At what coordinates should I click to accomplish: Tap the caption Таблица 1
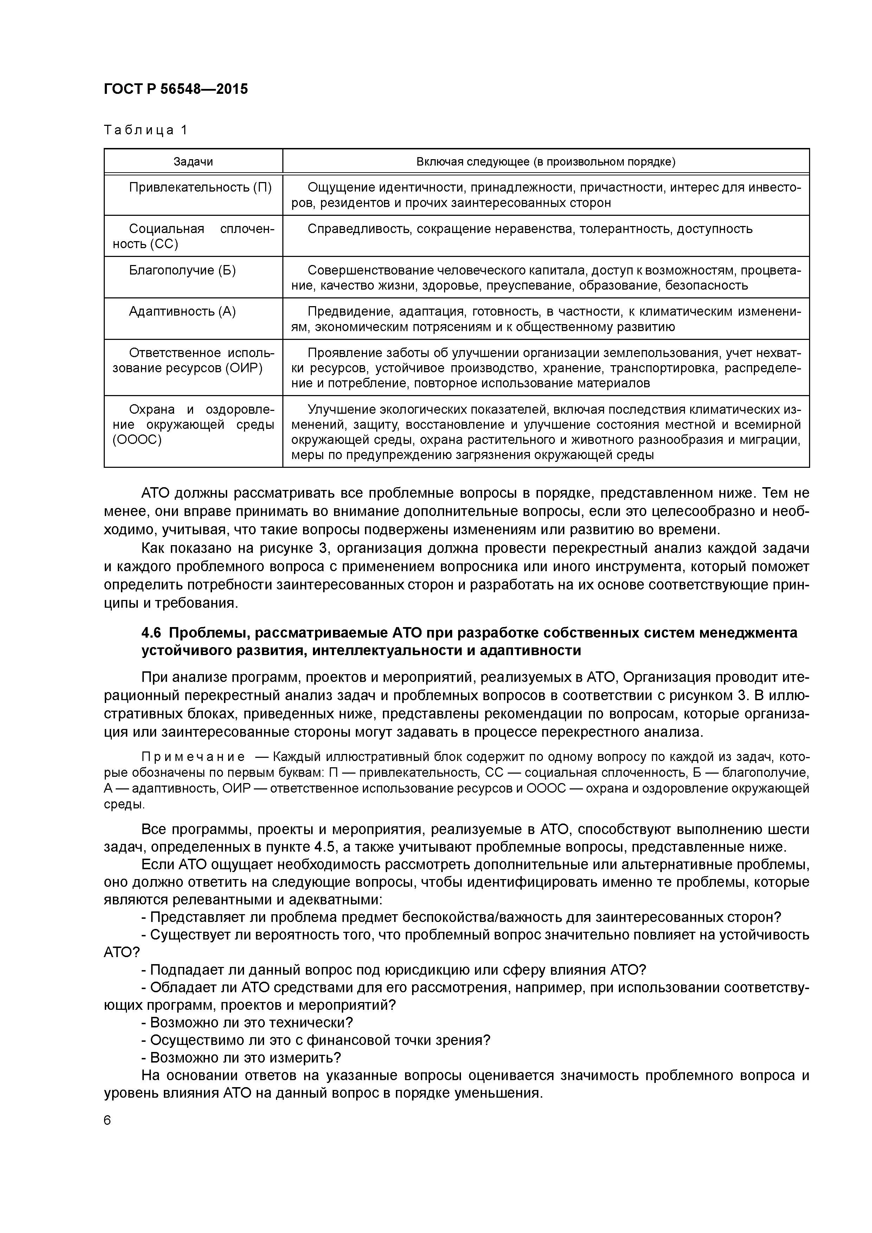146,130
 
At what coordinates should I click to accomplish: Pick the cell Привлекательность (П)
200,187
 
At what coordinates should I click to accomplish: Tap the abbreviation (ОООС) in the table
137,440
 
